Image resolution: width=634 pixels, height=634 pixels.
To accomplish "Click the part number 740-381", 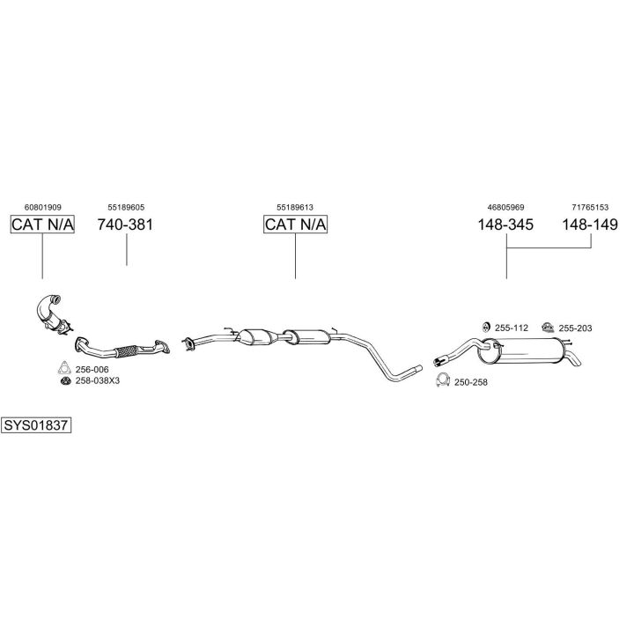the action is coord(125,225).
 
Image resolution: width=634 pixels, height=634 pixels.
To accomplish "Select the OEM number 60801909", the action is coord(43,208).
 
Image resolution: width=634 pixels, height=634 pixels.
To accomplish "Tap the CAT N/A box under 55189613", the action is coord(295,225).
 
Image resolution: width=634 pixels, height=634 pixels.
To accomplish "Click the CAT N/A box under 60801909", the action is coord(42,225).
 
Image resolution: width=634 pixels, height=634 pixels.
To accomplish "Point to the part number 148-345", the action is coord(505,225).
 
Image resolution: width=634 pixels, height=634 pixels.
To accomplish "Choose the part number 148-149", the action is coord(590,225).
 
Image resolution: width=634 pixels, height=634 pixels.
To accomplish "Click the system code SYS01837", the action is coord(36,425).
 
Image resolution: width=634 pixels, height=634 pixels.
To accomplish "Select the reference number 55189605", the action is coord(126,208).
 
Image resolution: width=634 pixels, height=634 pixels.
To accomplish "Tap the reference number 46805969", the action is coord(505,208).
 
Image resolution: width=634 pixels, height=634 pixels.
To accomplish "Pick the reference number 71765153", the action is coord(590,208).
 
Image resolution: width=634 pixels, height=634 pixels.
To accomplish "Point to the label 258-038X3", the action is coord(98,381).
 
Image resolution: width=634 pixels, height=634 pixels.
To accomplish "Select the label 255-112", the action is coord(512,328).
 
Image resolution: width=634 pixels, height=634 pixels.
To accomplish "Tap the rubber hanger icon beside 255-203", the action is coord(548,327).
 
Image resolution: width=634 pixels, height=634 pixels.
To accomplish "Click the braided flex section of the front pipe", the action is coord(126,351).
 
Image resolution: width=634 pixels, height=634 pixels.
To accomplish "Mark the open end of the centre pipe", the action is coord(418,369).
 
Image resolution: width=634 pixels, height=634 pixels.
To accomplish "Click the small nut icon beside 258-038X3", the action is coord(65,381).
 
